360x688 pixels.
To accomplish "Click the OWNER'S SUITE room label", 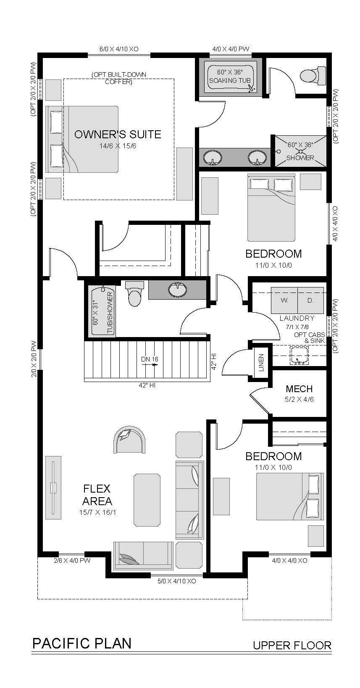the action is (x=118, y=134).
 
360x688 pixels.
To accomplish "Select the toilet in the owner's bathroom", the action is (x=312, y=74).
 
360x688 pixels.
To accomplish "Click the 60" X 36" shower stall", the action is (x=300, y=151).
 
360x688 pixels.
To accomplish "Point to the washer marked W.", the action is (x=284, y=300).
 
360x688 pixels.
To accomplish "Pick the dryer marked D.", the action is (x=310, y=300).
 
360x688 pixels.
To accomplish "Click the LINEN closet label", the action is (x=261, y=362).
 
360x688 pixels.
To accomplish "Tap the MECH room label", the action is (x=299, y=389).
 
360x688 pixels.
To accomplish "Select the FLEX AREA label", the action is (x=97, y=495).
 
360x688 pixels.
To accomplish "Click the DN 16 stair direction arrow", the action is (x=150, y=365).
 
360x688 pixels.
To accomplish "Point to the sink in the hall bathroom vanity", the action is (x=178, y=289).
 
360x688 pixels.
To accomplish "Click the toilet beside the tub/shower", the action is (x=134, y=294).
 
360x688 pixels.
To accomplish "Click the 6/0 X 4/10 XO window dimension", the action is (x=119, y=49).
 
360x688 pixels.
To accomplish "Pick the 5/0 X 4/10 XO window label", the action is (x=176, y=581).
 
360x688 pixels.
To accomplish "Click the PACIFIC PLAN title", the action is (x=82, y=643).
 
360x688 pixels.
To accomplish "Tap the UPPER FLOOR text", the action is (x=292, y=645).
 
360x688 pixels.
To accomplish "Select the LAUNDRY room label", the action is (x=297, y=318).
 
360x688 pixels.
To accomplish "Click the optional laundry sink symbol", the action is (x=299, y=356).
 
